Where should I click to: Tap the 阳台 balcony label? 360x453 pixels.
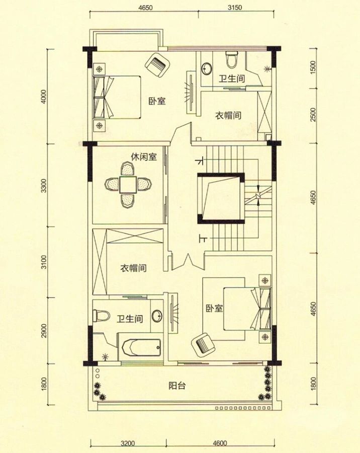coord(177,386)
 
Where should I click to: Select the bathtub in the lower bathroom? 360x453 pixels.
coord(141,347)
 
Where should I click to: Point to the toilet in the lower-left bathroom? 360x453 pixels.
coord(102,316)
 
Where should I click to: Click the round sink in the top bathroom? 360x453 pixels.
coord(207,68)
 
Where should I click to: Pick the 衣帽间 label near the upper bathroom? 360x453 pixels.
coord(228,115)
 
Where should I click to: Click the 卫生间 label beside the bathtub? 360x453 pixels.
coord(130,319)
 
